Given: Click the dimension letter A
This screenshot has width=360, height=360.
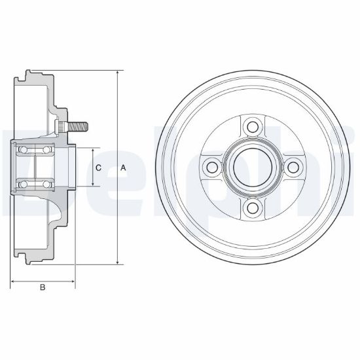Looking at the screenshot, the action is click(123, 168).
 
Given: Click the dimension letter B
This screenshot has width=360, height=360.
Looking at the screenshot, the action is click(43, 287).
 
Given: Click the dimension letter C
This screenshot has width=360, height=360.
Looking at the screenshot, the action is click(98, 168).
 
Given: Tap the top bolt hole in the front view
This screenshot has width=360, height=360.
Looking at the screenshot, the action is click(253, 127).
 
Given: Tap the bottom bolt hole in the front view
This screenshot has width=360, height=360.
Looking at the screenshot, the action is click(253, 207).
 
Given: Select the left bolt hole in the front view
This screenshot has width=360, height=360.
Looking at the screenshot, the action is click(212, 168).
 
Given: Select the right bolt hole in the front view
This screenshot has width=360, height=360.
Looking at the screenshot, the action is click(293, 168).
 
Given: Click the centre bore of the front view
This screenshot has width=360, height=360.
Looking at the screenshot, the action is click(253, 168).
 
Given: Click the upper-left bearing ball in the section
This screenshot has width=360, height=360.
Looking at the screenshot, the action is click(23, 150).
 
